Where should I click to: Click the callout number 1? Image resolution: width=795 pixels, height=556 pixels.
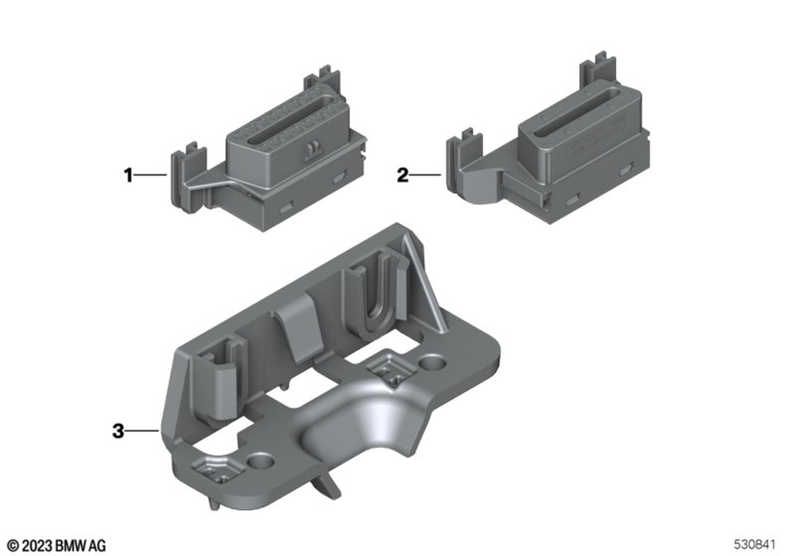click(x=128, y=176)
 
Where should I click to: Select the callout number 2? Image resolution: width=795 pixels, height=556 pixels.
click(x=402, y=176)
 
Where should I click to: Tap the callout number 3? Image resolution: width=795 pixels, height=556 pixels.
click(x=118, y=431)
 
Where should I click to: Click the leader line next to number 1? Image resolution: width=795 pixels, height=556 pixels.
click(x=150, y=176)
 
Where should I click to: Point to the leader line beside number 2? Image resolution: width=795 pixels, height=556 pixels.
click(x=425, y=176)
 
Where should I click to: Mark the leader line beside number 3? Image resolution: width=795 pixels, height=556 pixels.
click(x=142, y=431)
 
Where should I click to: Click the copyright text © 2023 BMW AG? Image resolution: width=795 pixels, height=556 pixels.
click(x=56, y=546)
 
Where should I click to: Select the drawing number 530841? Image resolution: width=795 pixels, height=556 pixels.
click(x=755, y=545)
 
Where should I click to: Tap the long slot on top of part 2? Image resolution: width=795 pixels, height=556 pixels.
click(x=573, y=111)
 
